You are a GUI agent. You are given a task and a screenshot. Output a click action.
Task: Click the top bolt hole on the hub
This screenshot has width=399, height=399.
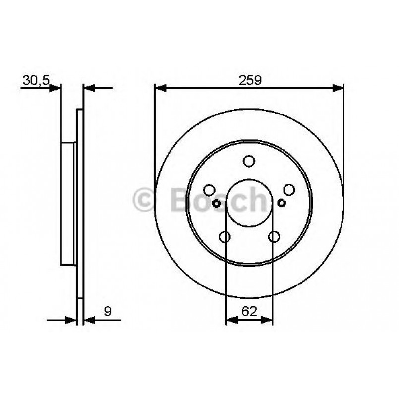tap(249, 161)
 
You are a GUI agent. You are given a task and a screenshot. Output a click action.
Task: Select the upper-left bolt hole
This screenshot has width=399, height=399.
tap(210, 190)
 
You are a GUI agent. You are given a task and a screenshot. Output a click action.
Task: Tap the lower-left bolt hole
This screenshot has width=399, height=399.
tap(225, 237)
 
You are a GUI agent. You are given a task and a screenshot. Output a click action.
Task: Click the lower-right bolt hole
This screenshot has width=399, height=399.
tap(274, 237)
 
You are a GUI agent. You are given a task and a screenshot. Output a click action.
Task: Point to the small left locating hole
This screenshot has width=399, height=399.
tap(216, 203)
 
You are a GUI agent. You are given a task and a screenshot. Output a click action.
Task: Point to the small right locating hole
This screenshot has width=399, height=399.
tap(282, 203)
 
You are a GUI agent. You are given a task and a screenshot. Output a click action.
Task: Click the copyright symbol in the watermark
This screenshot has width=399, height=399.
tap(145, 200)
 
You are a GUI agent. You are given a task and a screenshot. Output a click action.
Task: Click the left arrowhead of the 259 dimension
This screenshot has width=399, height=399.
tap(160, 88)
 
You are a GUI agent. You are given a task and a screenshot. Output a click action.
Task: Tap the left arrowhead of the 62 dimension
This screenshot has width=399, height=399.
tap(230, 320)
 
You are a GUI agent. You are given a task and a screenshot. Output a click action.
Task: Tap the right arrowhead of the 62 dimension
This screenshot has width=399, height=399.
tap(268, 320)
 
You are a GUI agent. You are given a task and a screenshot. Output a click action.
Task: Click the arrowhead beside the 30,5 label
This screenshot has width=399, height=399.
tap(56, 88)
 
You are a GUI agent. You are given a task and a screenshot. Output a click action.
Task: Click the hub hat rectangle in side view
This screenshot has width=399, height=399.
tap(68, 203)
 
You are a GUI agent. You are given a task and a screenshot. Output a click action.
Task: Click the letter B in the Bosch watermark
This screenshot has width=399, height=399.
tap(180, 200)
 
